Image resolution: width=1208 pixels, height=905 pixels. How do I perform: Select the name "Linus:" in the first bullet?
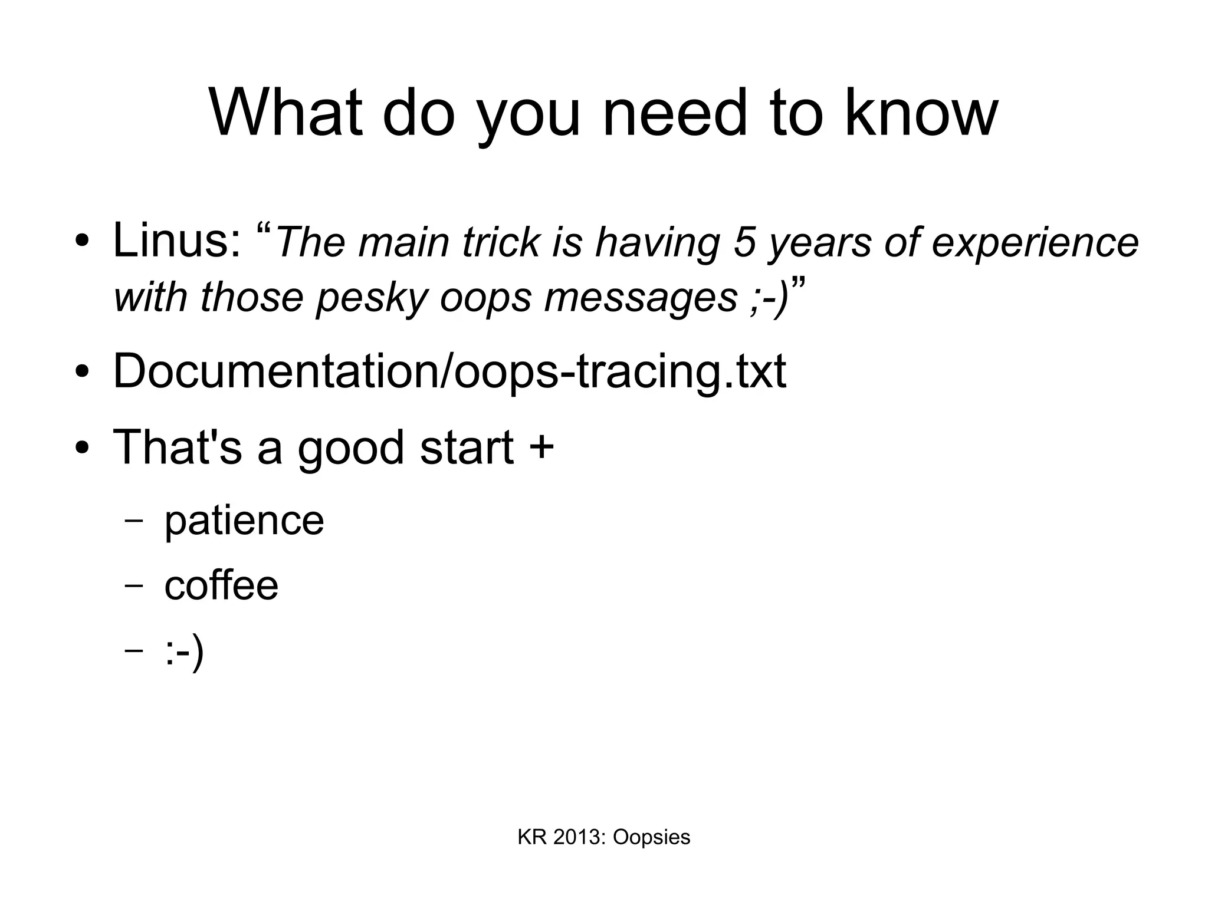176,241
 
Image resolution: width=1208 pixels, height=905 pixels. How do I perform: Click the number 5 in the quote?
744,242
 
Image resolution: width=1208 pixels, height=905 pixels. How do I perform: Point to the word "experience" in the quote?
1035,242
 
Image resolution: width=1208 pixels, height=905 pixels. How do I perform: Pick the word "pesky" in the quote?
371,297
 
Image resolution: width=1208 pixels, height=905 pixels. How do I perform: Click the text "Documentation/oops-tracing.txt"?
449,371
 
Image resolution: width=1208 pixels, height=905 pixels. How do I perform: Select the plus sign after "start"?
541,446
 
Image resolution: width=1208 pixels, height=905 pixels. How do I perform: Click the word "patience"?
244,521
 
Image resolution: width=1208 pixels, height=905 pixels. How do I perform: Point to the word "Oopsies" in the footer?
651,837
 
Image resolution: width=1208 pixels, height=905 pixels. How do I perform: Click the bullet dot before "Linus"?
82,241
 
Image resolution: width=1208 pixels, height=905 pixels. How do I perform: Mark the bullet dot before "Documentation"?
82,372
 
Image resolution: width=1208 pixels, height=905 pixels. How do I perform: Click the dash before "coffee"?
134,585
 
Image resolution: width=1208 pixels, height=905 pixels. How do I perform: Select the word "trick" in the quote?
501,242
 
